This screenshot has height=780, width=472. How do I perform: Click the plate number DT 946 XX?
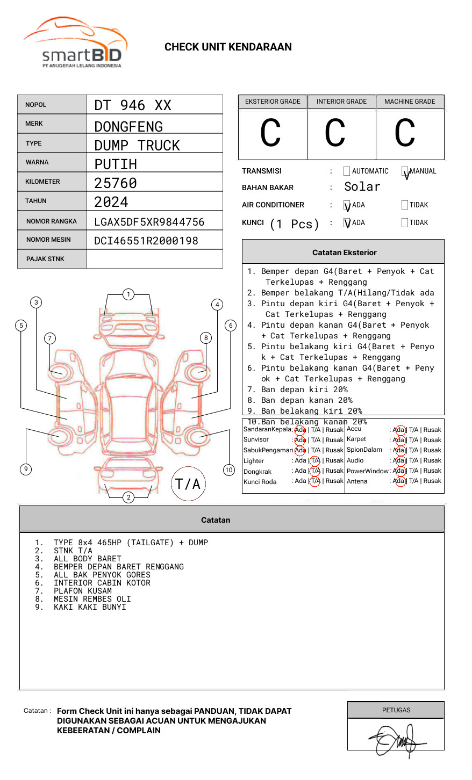click(x=133, y=105)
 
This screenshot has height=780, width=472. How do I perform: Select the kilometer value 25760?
click(x=116, y=183)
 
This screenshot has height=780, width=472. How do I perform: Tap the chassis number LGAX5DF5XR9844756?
click(x=149, y=222)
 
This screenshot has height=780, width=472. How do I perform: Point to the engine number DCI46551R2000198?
click(x=146, y=241)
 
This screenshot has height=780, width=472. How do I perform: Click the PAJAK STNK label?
click(x=45, y=259)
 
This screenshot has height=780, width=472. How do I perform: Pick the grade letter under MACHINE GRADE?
click(x=405, y=133)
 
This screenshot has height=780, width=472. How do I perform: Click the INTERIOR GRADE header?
click(x=341, y=102)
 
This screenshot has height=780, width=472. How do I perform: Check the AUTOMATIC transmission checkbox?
click(x=347, y=171)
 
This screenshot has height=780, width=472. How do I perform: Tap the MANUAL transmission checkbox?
click(x=405, y=171)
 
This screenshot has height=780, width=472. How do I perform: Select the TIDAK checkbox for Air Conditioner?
click(x=405, y=205)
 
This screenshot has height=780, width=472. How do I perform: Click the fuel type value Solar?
click(x=362, y=187)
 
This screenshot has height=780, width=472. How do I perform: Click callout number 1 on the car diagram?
click(x=128, y=294)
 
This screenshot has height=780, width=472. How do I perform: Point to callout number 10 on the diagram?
click(x=229, y=470)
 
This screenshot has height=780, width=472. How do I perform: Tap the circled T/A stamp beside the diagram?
click(x=188, y=484)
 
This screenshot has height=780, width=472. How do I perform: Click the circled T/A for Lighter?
click(x=315, y=461)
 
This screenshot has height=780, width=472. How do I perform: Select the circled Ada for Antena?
click(x=399, y=481)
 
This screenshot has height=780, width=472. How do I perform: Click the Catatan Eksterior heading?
click(x=344, y=252)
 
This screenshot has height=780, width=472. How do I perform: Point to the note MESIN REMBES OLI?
click(x=92, y=599)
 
